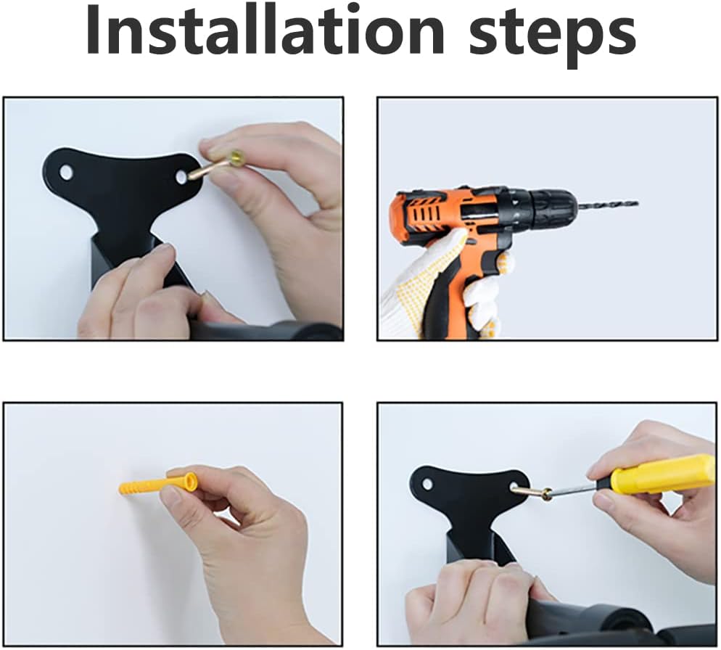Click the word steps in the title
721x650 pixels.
click(552, 36)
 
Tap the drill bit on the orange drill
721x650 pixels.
click(608, 203)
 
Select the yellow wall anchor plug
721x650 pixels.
click(159, 484)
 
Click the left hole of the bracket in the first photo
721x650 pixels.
click(66, 173)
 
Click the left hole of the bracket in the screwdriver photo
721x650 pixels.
click(428, 484)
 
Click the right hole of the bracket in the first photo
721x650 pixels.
click(182, 176)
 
